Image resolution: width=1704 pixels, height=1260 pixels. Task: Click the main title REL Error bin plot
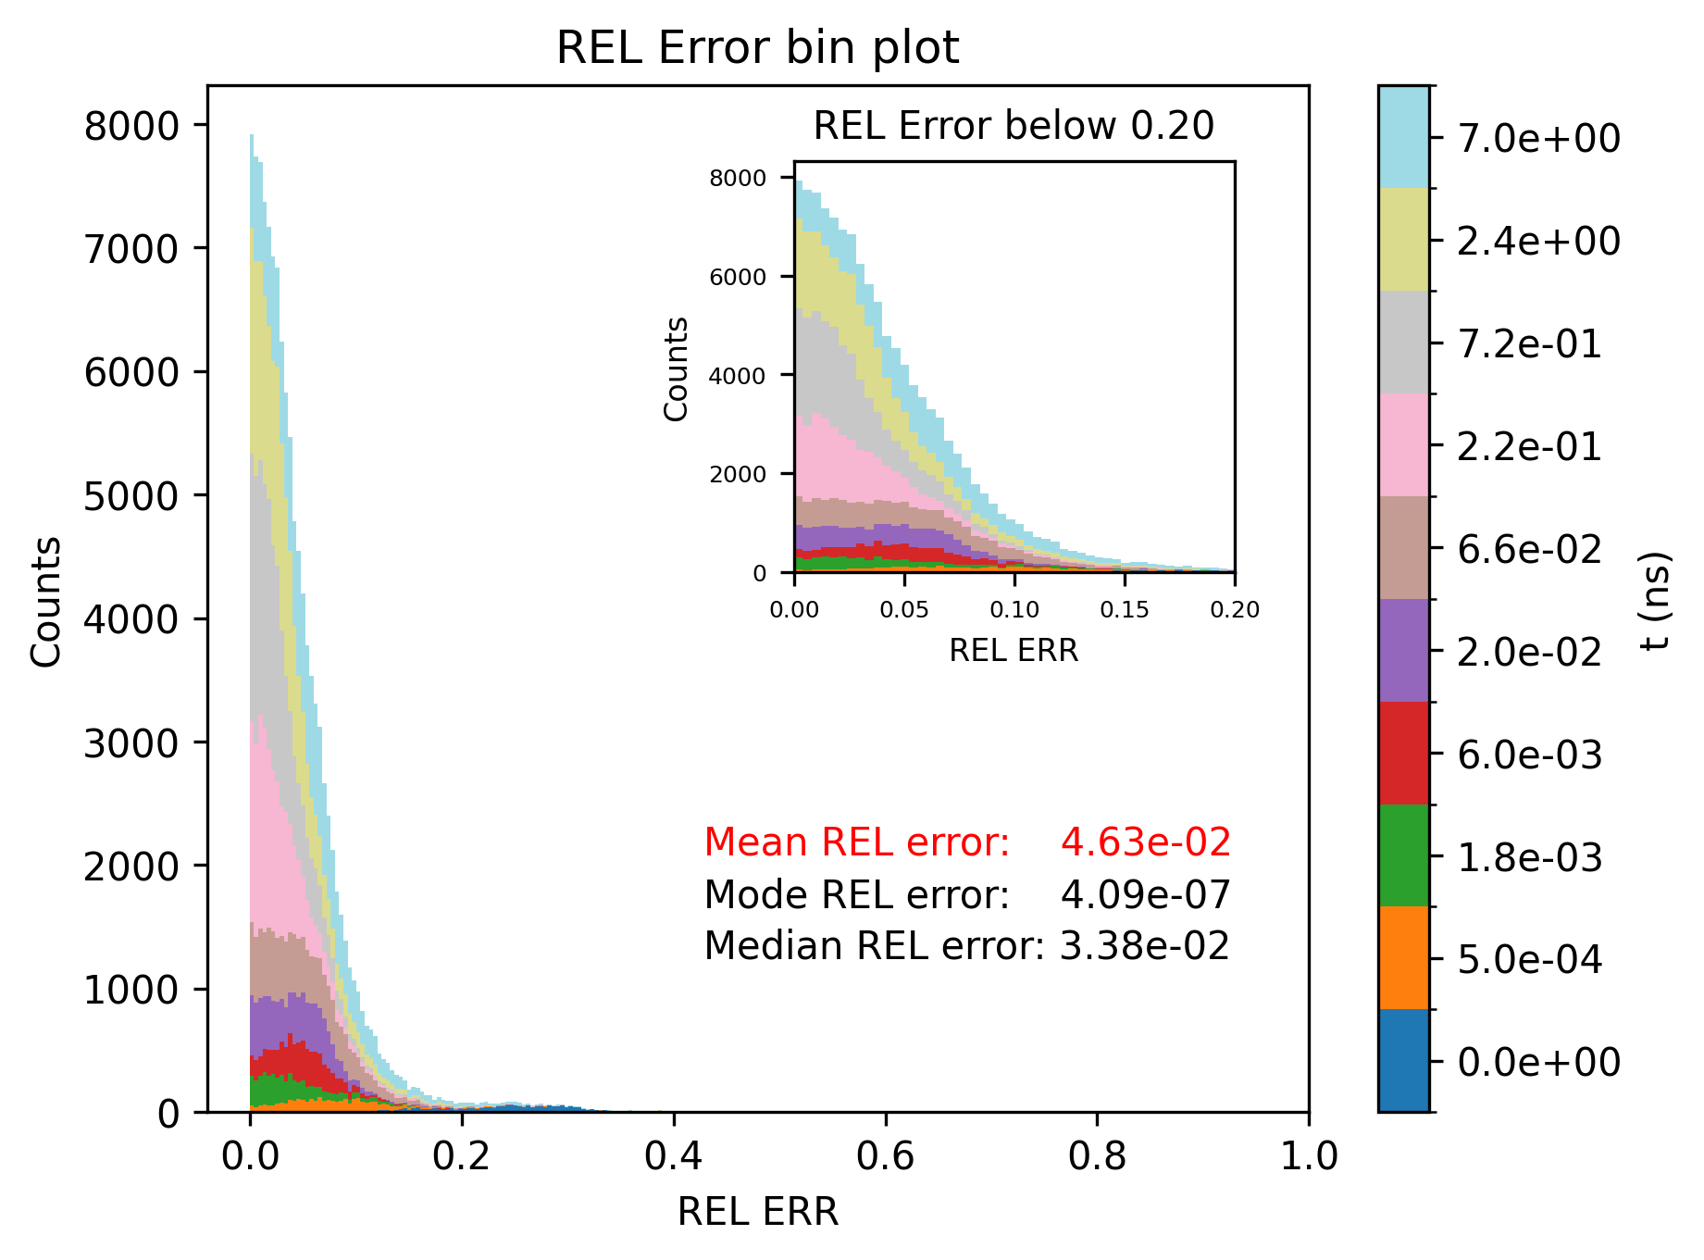coord(757,48)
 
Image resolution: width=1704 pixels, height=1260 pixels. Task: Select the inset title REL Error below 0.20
coord(1014,126)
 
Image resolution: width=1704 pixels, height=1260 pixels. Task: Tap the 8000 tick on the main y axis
coord(131,126)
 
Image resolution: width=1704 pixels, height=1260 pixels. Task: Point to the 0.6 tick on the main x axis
coord(885,1155)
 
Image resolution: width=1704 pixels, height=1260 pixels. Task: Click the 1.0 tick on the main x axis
coord(1308,1155)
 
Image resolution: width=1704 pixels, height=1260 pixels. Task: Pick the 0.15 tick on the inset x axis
coord(1125,609)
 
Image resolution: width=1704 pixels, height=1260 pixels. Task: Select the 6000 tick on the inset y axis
coord(738,277)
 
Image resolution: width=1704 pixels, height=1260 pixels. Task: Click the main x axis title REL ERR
coord(757,1212)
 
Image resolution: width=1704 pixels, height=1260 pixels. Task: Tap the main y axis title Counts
coord(46,601)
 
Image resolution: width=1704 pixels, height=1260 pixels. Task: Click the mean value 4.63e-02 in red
coord(1145,842)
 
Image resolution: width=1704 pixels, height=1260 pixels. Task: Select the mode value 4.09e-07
coord(1145,895)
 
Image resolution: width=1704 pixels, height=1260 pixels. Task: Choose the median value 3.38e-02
coord(1144,946)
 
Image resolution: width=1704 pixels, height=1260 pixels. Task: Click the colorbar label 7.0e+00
coord(1538,139)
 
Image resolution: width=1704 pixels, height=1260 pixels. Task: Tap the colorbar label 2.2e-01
coord(1529,447)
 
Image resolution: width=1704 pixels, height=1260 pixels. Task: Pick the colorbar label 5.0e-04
coord(1529,960)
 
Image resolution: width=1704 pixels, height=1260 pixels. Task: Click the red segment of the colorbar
coord(1403,753)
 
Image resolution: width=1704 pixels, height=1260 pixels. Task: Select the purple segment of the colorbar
coord(1403,650)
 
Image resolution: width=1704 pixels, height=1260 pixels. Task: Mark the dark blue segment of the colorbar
coord(1403,1060)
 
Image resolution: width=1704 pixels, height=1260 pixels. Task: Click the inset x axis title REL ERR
coord(1014,651)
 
